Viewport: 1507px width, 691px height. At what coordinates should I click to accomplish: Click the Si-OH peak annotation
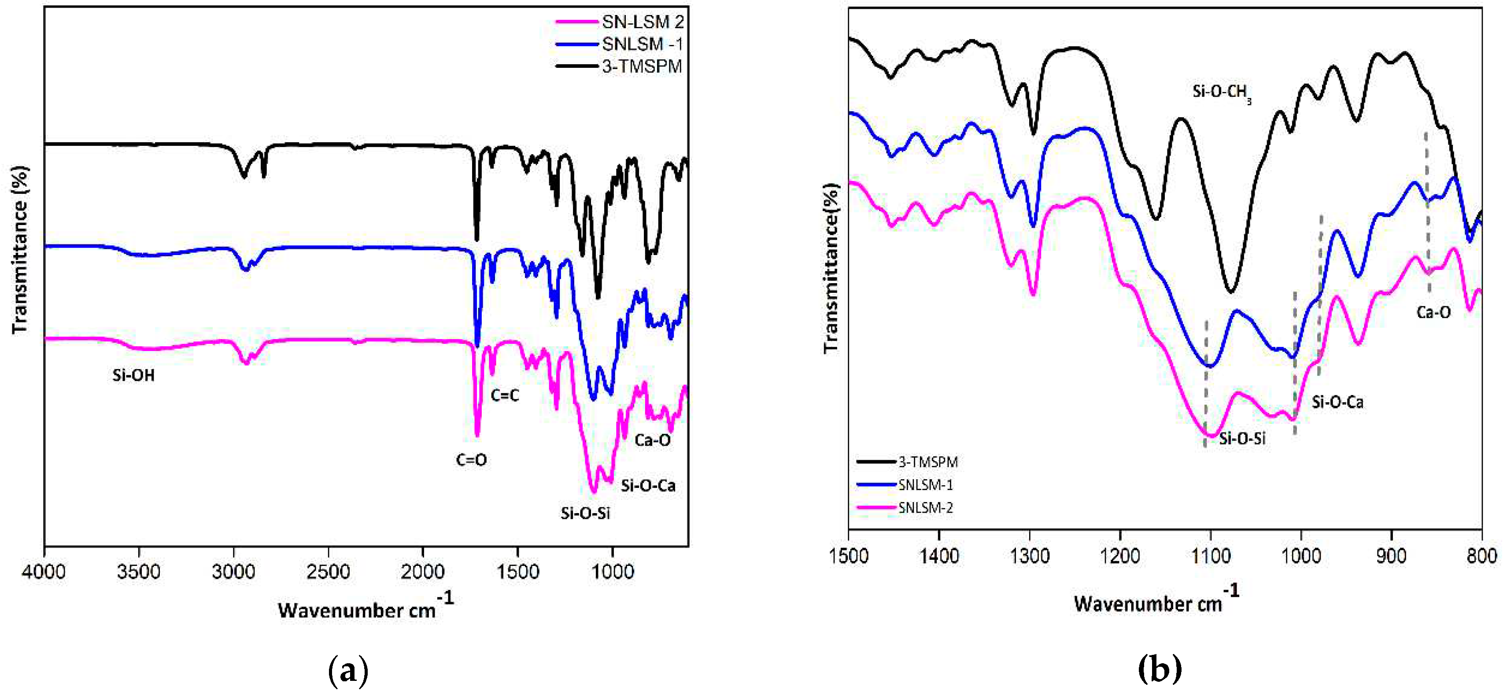[133, 376]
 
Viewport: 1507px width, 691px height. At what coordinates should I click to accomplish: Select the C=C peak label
[504, 396]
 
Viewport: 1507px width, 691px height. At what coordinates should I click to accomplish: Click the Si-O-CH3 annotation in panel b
[1222, 92]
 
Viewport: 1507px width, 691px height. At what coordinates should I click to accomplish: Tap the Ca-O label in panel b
[1433, 312]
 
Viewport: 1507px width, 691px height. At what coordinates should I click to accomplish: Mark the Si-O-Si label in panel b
[1242, 439]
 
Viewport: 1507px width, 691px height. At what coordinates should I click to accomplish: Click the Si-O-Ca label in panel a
[648, 486]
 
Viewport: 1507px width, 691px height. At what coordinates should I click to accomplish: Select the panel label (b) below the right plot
[1160, 669]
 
